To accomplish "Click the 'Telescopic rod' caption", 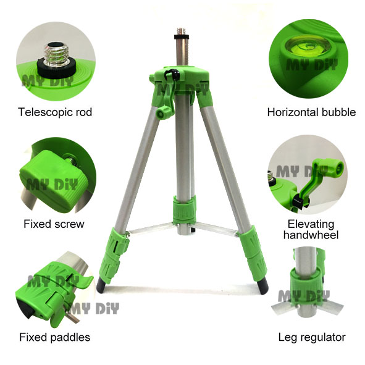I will tap(55, 112).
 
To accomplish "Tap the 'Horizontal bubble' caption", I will tap(311, 112).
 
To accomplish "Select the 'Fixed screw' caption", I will tap(54, 224).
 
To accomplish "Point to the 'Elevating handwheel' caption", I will tap(311, 229).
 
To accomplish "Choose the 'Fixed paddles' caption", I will tap(54, 337).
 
